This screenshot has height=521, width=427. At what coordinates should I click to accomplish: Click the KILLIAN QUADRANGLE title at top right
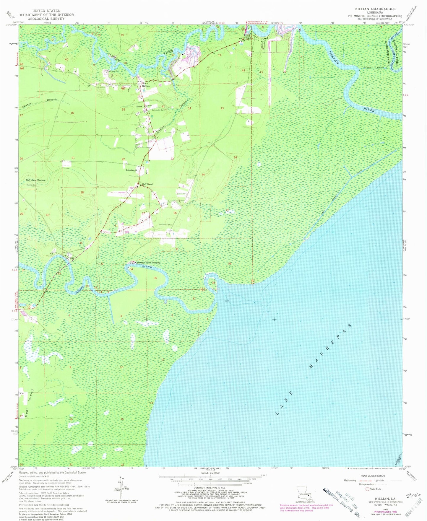tap(377, 9)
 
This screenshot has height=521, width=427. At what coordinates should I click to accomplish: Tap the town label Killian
tap(146, 86)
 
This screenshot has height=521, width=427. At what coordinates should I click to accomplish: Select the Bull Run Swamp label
tap(35, 180)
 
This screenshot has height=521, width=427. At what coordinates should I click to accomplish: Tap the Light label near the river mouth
tap(227, 301)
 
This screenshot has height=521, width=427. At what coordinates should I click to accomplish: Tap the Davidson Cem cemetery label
tap(165, 225)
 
